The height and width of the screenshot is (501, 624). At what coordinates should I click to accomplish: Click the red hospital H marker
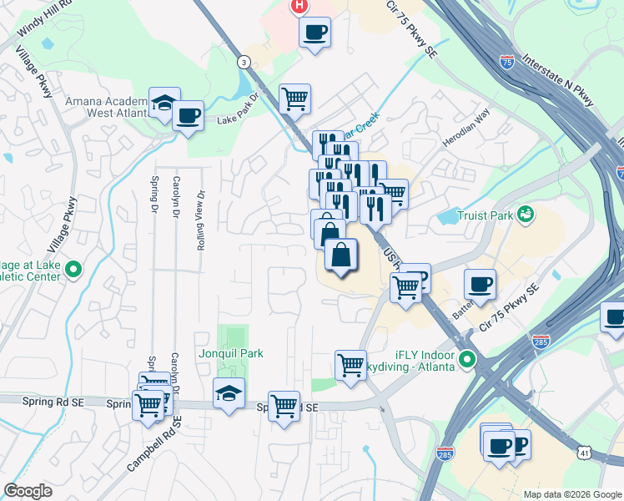[x=298, y=7]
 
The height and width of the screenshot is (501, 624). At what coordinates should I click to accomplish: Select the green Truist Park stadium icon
[x=525, y=214]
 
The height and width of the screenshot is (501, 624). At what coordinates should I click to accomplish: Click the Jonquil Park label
[x=231, y=353]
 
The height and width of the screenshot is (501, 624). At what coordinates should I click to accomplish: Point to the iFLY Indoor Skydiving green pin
[x=467, y=360]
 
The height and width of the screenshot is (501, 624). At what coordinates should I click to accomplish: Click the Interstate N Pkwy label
[x=558, y=80]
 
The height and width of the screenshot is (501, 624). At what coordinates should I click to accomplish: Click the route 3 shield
[x=243, y=62]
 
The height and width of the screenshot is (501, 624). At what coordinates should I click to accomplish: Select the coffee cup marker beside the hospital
[x=315, y=33]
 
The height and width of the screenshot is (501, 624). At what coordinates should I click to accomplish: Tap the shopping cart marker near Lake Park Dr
[x=295, y=98]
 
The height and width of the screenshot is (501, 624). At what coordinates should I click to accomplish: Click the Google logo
[x=28, y=491]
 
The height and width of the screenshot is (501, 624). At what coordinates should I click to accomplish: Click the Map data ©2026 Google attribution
[x=572, y=494]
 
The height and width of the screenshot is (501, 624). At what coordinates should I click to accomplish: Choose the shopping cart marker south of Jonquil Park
[x=284, y=406]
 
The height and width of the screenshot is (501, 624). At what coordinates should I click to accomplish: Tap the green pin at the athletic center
[x=73, y=269]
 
